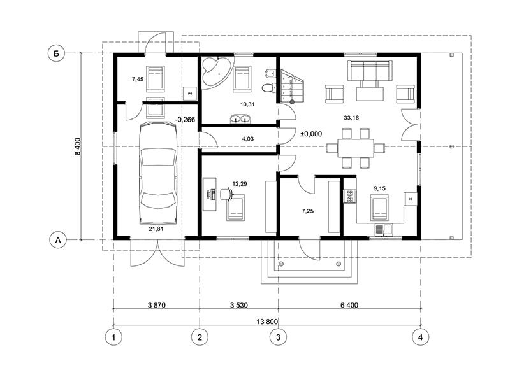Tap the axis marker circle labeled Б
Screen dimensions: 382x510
point(57,54)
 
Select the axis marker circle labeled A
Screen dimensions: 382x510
point(57,239)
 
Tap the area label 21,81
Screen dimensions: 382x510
point(157,228)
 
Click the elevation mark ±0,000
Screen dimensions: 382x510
point(311,134)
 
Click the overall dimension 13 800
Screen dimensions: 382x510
point(267,321)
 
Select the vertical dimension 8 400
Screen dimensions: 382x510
point(77,148)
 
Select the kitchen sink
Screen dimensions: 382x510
point(383,230)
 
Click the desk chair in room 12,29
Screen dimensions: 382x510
point(226,194)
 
